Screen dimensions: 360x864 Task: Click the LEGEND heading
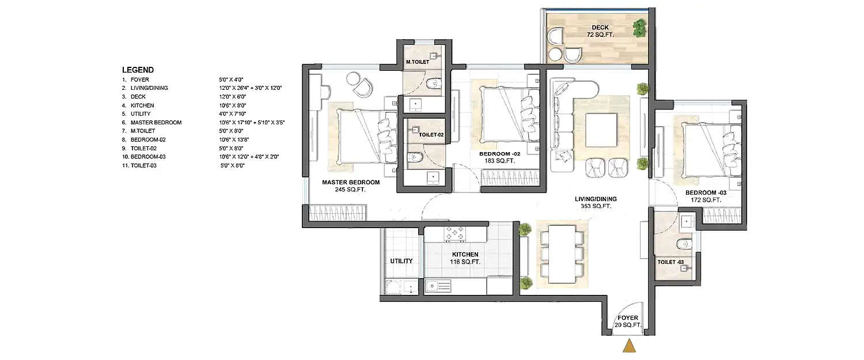coord(138,70)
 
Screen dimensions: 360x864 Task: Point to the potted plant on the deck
coord(639,26)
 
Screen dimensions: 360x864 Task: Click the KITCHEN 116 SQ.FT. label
coord(465,258)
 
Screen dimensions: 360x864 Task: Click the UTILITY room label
coord(401,261)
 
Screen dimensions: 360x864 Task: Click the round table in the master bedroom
coord(353,79)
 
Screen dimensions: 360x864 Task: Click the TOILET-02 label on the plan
coord(431,135)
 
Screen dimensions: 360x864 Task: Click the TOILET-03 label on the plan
coord(670,262)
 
